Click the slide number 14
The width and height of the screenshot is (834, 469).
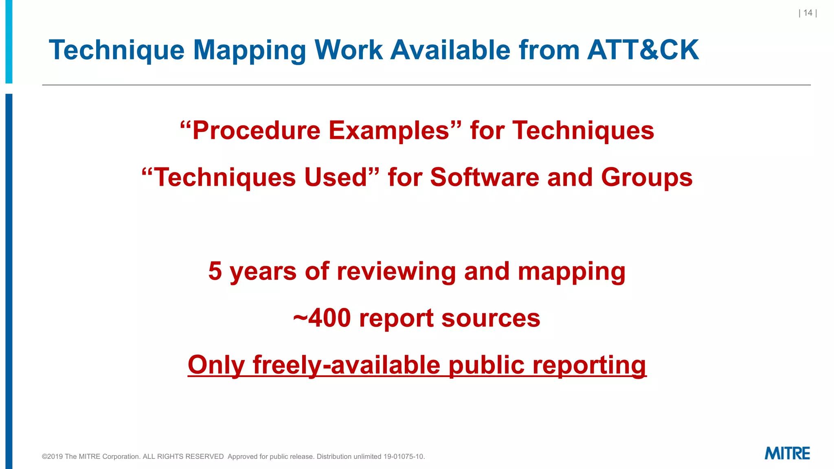pyautogui.click(x=808, y=13)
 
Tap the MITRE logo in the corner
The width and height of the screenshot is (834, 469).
pyautogui.click(x=787, y=454)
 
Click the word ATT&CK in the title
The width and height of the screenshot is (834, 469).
pyautogui.click(x=643, y=50)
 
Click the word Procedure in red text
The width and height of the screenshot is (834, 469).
pyautogui.click(x=256, y=131)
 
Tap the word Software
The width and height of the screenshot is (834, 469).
pyautogui.click(x=485, y=178)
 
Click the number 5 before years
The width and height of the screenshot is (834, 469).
pyautogui.click(x=215, y=271)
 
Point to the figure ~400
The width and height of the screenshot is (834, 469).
pyautogui.click(x=322, y=318)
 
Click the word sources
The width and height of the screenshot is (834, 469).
pyautogui.click(x=491, y=318)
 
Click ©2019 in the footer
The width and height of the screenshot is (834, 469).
pyautogui.click(x=53, y=457)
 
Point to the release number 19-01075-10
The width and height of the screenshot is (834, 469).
pyautogui.click(x=404, y=457)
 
